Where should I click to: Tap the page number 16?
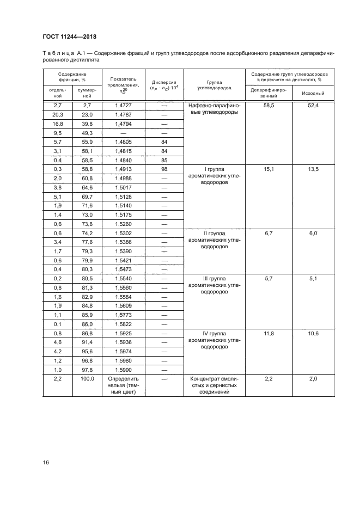[46, 463]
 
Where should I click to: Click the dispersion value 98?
[164, 170]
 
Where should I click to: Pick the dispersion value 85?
[164, 161]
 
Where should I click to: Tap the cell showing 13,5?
[313, 170]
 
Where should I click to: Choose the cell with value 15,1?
[269, 170]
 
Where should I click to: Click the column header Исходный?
[313, 93]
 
